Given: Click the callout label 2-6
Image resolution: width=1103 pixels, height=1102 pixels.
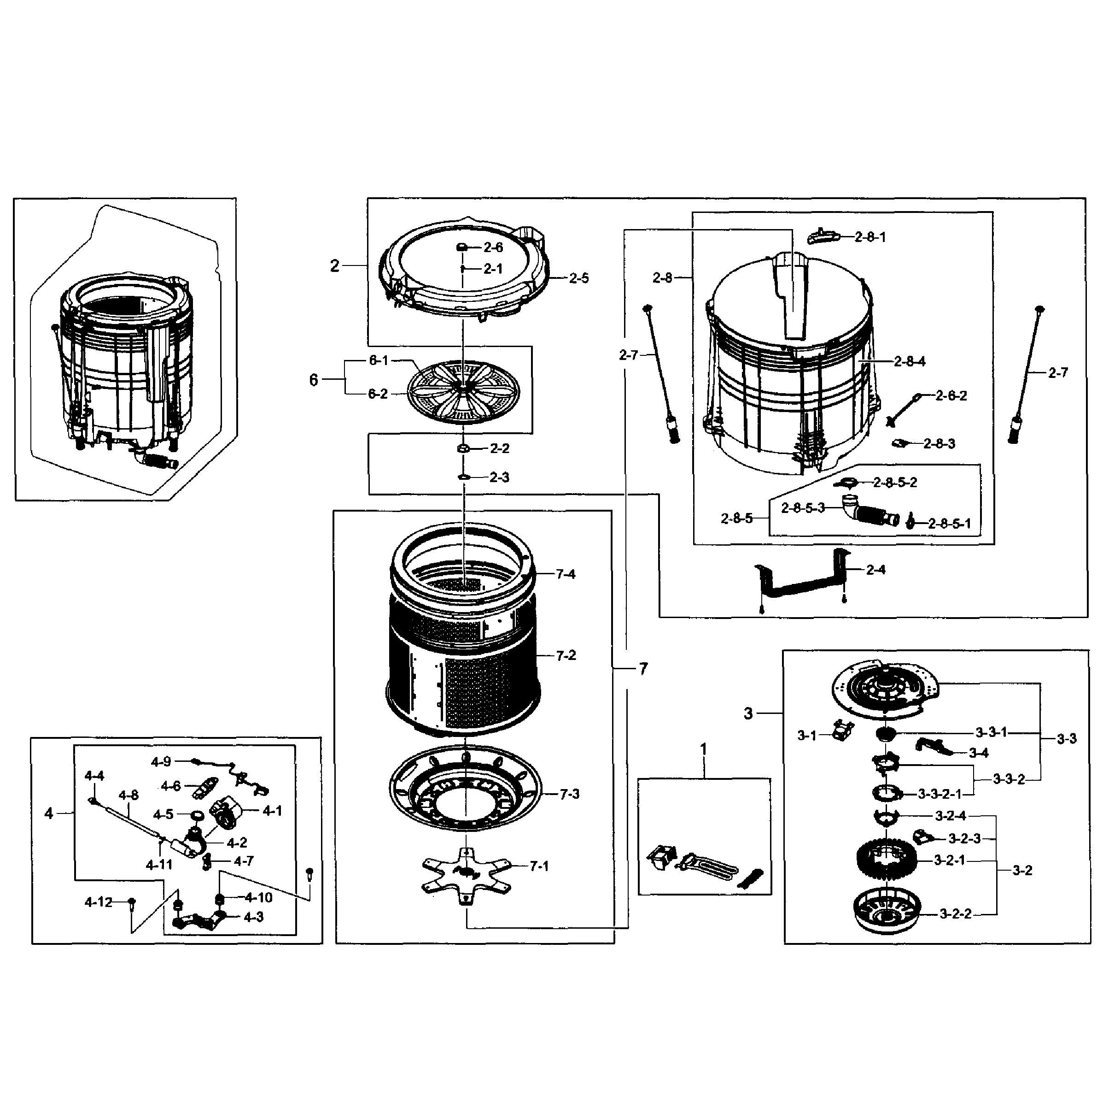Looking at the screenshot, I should pyautogui.click(x=493, y=248).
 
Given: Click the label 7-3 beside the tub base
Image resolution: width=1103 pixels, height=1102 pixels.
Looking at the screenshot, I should pyautogui.click(x=569, y=794).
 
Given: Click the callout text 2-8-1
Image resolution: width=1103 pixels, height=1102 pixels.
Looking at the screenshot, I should pyautogui.click(x=870, y=237).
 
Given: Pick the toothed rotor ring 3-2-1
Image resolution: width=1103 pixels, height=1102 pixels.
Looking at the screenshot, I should pyautogui.click(x=887, y=861).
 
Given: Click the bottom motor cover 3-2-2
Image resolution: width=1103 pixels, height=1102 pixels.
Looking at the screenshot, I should pyautogui.click(x=887, y=913).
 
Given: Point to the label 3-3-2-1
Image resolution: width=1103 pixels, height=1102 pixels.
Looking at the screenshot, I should pyautogui.click(x=940, y=794).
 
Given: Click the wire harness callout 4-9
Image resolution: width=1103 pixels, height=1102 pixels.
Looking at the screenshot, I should pyautogui.click(x=161, y=761).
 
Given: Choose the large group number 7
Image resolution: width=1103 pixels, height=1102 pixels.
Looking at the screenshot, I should pyautogui.click(x=643, y=668).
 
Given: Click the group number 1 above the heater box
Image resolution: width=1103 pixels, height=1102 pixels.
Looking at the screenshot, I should pyautogui.click(x=703, y=749).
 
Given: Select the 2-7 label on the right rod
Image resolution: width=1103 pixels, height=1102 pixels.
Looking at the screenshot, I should pyautogui.click(x=1057, y=372).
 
